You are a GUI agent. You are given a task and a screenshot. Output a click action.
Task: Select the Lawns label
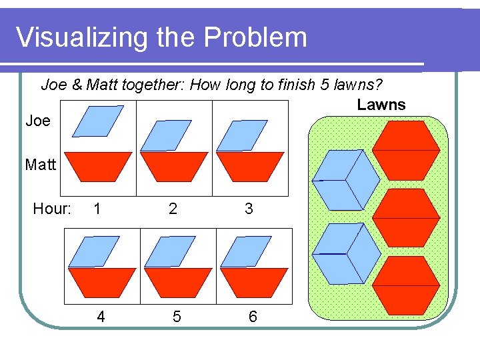[x=381, y=104]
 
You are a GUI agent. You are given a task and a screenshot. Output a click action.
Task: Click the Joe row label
[x=37, y=121]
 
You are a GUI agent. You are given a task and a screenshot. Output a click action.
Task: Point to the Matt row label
[x=40, y=164]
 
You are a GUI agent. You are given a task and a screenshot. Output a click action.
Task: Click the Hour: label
[x=52, y=209]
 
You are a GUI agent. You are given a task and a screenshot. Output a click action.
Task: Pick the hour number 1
[x=98, y=209]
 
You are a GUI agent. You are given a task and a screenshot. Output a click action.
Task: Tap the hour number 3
[x=249, y=209]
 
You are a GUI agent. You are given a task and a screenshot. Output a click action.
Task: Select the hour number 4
[x=101, y=317]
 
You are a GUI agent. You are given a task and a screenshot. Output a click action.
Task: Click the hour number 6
[x=253, y=317]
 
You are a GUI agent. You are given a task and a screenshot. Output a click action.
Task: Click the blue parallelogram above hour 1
[x=97, y=121]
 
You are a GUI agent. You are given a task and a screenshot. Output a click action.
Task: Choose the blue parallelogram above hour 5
[x=170, y=251]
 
